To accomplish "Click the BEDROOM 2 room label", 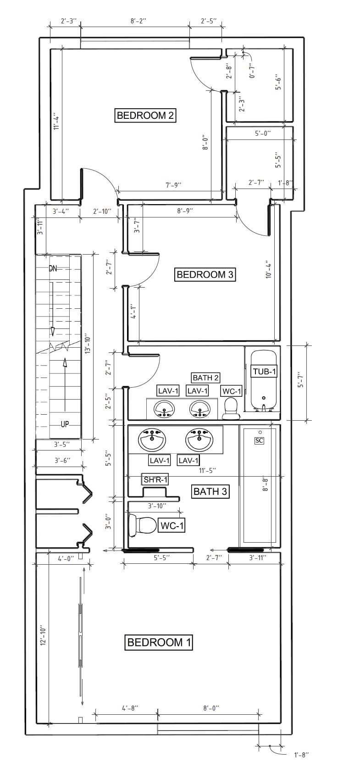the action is point(145,115).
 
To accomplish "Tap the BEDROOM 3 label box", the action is point(205,274).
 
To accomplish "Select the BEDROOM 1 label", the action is point(159,642).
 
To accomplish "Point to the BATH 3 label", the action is point(210,491).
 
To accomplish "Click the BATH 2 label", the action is point(205,378).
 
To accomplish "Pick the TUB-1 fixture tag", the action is point(264,372).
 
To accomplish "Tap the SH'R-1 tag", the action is point(155,480).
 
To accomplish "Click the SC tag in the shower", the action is point(259,441).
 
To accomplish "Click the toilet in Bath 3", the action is point(143,525).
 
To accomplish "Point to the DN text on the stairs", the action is point(53,269).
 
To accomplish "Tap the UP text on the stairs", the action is point(65,424).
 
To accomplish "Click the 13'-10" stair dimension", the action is point(88,344).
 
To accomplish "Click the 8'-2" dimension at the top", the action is point(138,21).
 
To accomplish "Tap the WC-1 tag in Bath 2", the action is point(231,391).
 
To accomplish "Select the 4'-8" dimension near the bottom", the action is point(130,708).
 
